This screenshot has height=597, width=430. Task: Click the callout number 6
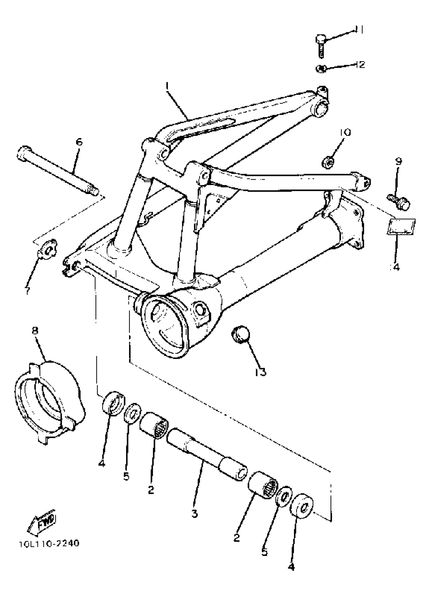pos(79,142)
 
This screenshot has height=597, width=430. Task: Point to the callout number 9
pos(398,161)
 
